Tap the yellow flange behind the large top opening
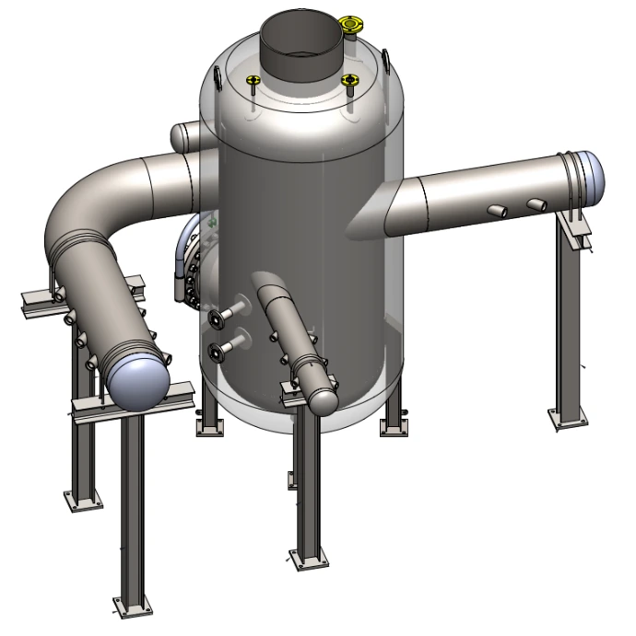pos(351,23)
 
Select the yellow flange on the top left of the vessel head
pos(252,84)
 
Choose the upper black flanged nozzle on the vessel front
pos(218,318)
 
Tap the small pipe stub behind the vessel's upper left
pos(184,136)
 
